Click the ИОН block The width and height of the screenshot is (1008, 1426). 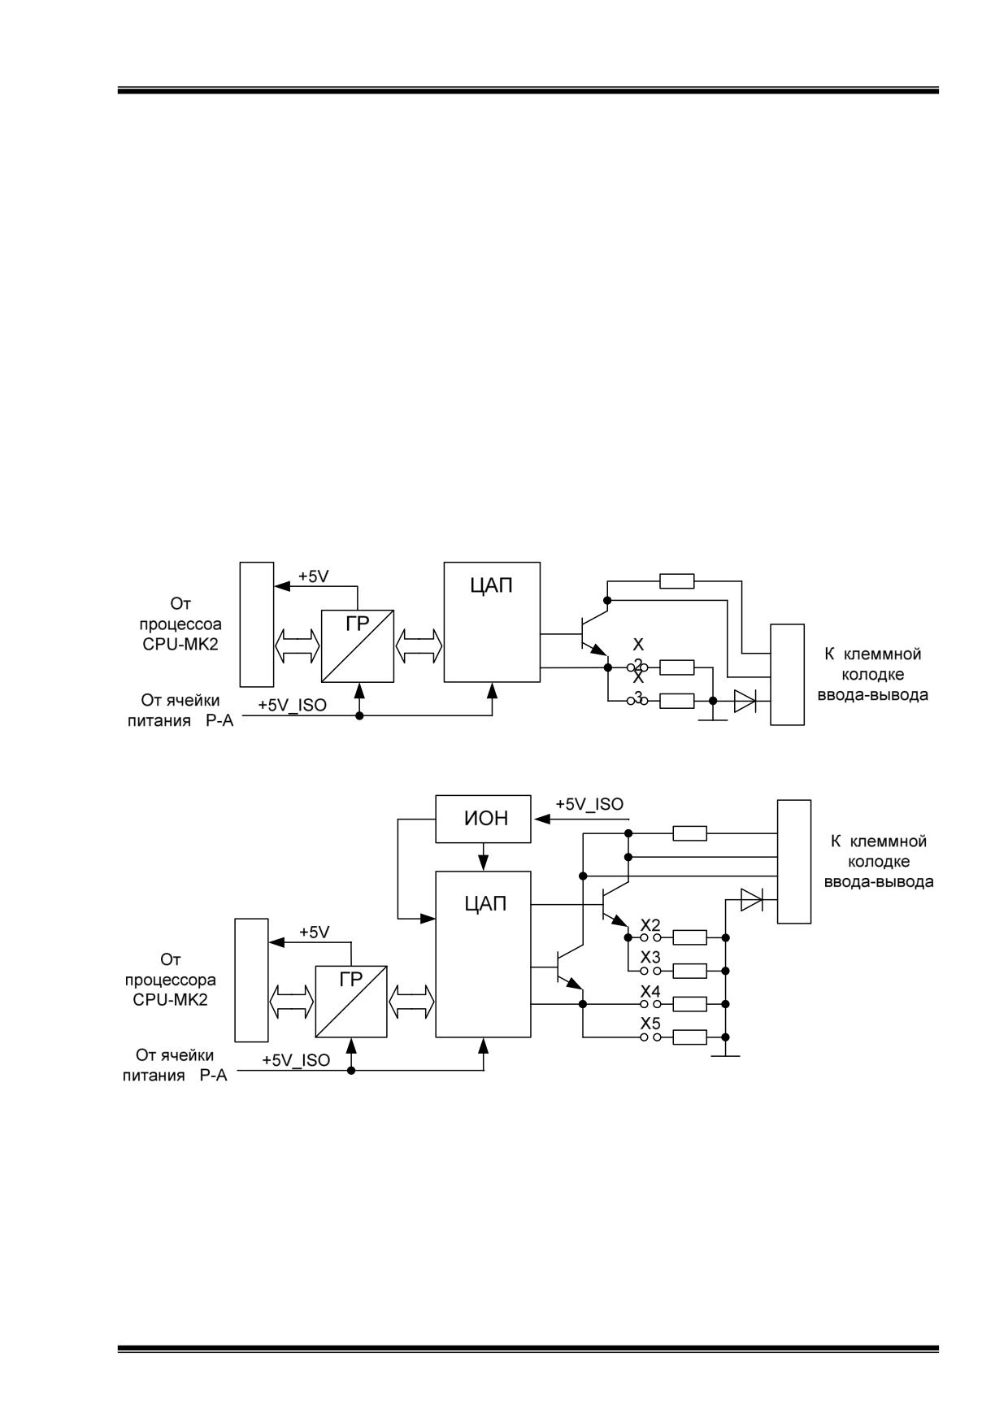(x=484, y=819)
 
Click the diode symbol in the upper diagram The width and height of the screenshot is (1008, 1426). (x=745, y=701)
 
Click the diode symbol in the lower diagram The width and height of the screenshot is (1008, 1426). (x=751, y=899)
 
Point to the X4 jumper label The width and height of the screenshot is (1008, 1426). (x=650, y=992)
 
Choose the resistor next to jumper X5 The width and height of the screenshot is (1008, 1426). (x=690, y=1037)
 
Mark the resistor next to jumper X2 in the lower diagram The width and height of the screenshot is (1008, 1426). (x=690, y=937)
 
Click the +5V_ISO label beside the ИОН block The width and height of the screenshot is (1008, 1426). (x=589, y=804)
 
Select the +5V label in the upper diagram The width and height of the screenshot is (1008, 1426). (x=314, y=576)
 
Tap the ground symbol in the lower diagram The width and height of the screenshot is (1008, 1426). (x=725, y=1055)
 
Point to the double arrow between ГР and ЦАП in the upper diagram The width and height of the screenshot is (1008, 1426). (x=419, y=646)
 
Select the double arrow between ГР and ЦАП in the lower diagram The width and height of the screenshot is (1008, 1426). (x=412, y=1001)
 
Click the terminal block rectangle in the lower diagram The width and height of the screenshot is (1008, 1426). (x=794, y=862)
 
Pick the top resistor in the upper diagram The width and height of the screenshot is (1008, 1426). (x=677, y=580)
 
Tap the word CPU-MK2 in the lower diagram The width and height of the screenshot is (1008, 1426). (x=170, y=999)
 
